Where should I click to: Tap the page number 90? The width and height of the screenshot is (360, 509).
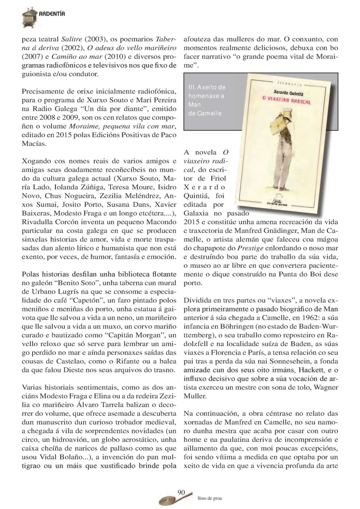pos(181,492)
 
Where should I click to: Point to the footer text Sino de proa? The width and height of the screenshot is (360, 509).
pos(210,498)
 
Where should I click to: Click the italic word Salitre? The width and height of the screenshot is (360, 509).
pos(72,39)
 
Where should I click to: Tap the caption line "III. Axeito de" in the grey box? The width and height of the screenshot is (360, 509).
pos(207,87)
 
